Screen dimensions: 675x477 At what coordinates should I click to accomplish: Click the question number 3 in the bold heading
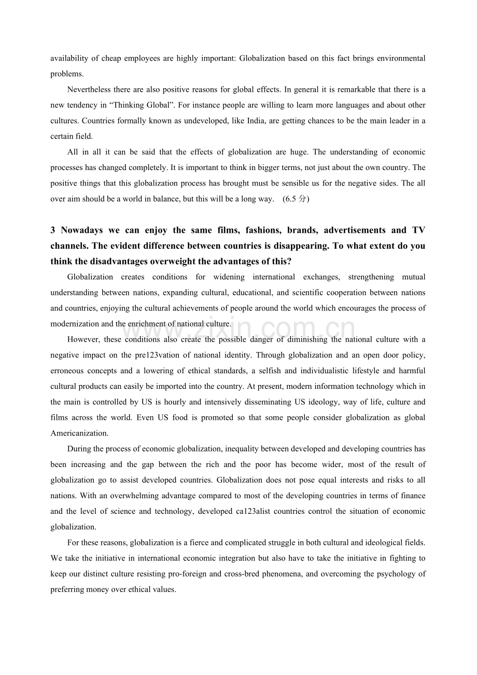[53, 230]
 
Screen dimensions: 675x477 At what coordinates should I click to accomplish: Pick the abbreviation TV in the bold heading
[418, 230]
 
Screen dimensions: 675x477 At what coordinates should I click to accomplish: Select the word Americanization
[79, 433]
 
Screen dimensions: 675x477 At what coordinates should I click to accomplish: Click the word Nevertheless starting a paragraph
[89, 90]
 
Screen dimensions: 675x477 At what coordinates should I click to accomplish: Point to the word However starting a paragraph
[83, 340]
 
